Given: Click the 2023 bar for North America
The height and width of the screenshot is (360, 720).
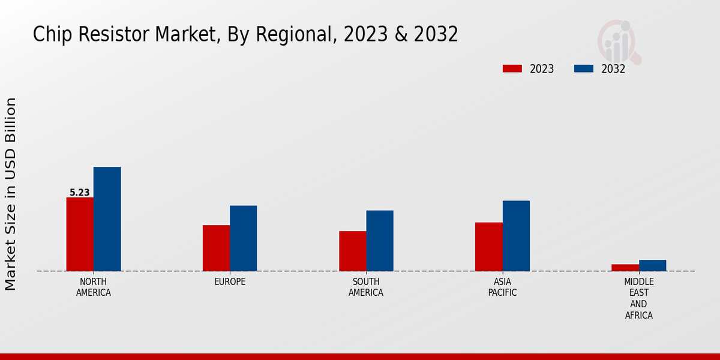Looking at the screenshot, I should (x=80, y=234).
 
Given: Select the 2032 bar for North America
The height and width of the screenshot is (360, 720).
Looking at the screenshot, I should (x=107, y=219).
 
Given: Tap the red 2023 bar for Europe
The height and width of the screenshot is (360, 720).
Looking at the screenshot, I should (x=216, y=248).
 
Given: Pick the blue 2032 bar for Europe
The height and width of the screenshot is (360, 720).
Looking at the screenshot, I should (x=243, y=238).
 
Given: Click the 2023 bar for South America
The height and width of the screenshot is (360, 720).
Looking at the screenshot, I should (x=352, y=251).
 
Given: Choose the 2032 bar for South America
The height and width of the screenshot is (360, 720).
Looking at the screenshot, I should (x=380, y=241).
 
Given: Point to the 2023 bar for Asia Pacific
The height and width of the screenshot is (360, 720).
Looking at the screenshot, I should (x=488, y=247).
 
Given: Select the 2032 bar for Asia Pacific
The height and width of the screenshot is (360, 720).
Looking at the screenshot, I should (x=516, y=236).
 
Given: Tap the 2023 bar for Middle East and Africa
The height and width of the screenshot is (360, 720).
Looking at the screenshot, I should (x=625, y=268).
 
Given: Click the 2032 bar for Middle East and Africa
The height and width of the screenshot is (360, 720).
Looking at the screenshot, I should (x=652, y=265).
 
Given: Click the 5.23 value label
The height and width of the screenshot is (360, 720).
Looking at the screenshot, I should (x=80, y=193).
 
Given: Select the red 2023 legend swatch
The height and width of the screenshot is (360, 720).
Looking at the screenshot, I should (x=512, y=68).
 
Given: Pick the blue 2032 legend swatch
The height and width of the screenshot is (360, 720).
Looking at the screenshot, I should (x=583, y=68).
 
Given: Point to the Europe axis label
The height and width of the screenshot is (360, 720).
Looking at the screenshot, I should (x=230, y=281).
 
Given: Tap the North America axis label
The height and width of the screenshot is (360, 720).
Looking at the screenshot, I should (x=94, y=287).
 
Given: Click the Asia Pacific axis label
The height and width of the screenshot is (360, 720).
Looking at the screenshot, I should (x=503, y=287).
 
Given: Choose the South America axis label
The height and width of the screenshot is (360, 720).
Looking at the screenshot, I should (x=366, y=287).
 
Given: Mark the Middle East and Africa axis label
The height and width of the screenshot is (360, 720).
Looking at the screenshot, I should (x=639, y=298).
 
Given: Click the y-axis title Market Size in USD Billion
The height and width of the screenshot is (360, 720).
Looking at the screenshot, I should (x=11, y=194).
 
